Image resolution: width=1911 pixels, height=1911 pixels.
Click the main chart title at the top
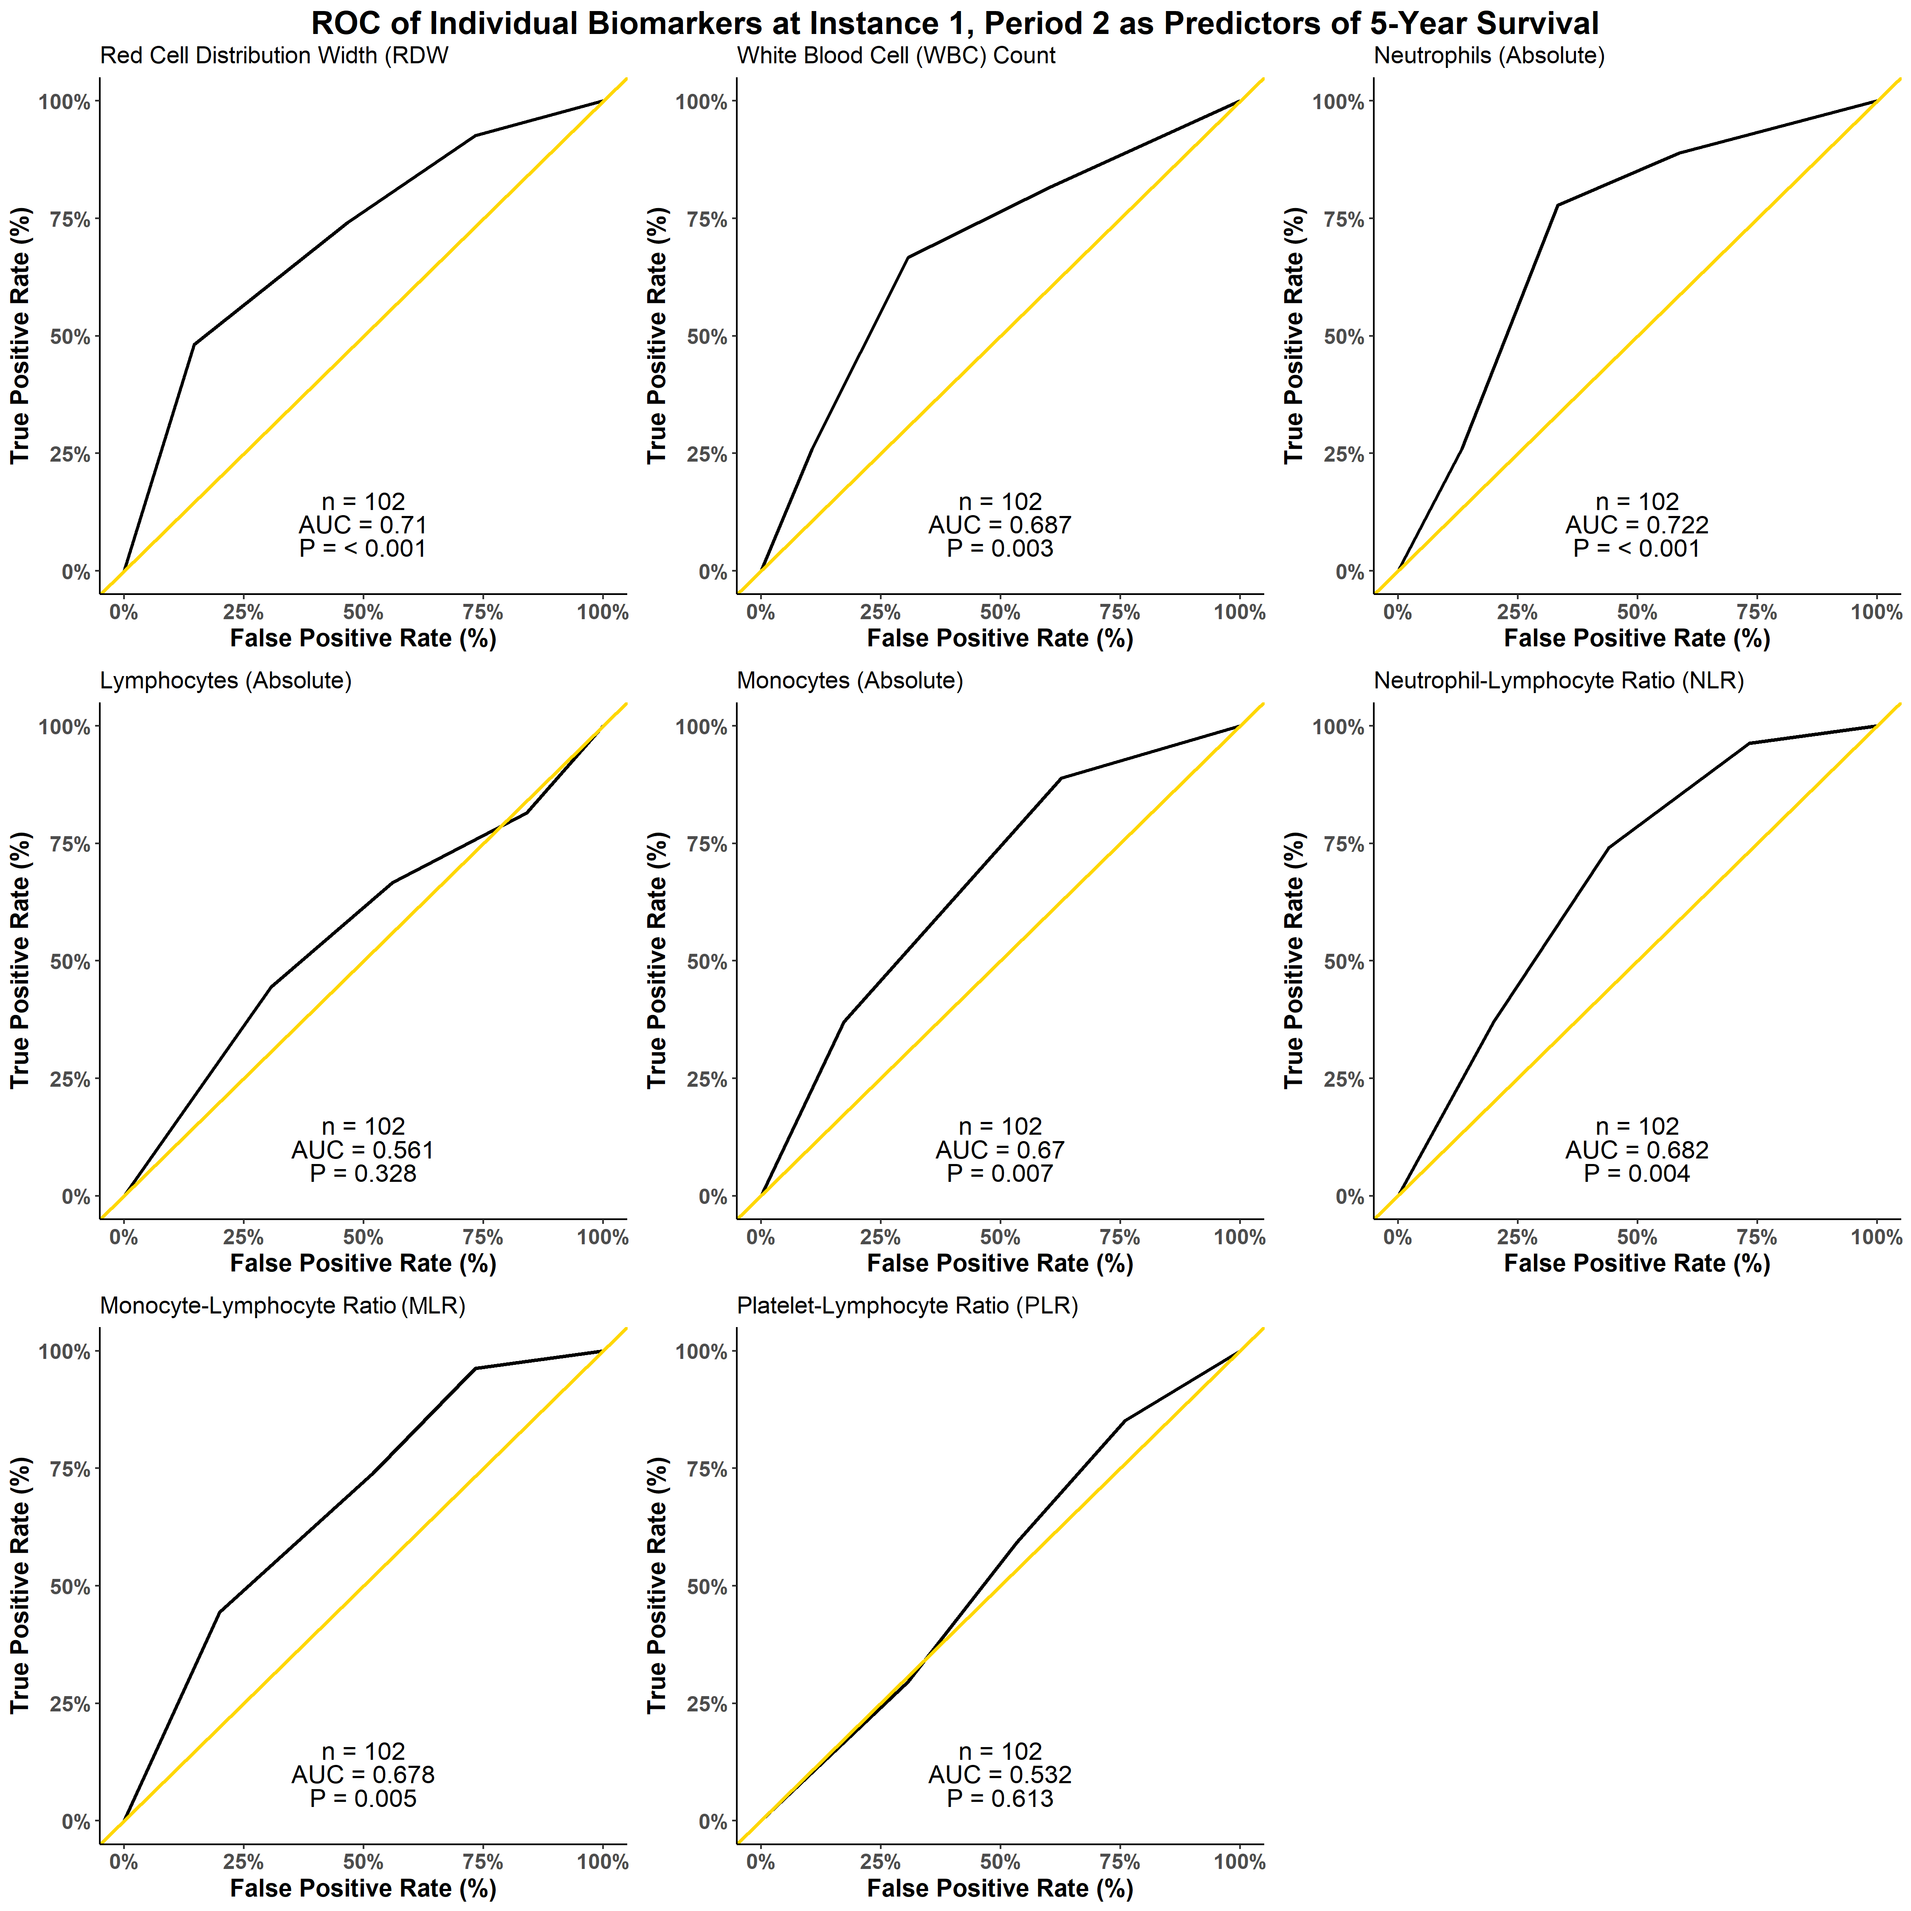tap(955, 23)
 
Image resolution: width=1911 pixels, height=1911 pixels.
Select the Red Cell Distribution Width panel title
tap(274, 55)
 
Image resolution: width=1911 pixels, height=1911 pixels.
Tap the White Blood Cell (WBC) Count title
tap(896, 55)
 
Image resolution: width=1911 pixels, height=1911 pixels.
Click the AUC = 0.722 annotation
tap(1637, 525)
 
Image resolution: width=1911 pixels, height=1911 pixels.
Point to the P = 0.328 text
tap(363, 1174)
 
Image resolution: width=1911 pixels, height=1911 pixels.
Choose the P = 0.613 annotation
tap(1000, 1798)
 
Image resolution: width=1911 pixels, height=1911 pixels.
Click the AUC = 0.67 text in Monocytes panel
tap(1000, 1150)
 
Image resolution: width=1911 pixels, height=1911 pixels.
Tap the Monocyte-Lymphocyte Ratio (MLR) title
tap(283, 1306)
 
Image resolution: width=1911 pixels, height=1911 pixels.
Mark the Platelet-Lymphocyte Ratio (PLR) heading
tap(907, 1306)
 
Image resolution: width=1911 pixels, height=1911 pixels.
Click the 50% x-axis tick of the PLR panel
tap(1000, 1863)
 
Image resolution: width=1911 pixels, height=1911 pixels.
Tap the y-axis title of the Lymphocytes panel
tap(20, 961)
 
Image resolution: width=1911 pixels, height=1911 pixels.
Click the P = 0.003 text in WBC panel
tap(1000, 549)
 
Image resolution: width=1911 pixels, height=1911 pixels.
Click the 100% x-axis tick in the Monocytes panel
tap(1239, 1237)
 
